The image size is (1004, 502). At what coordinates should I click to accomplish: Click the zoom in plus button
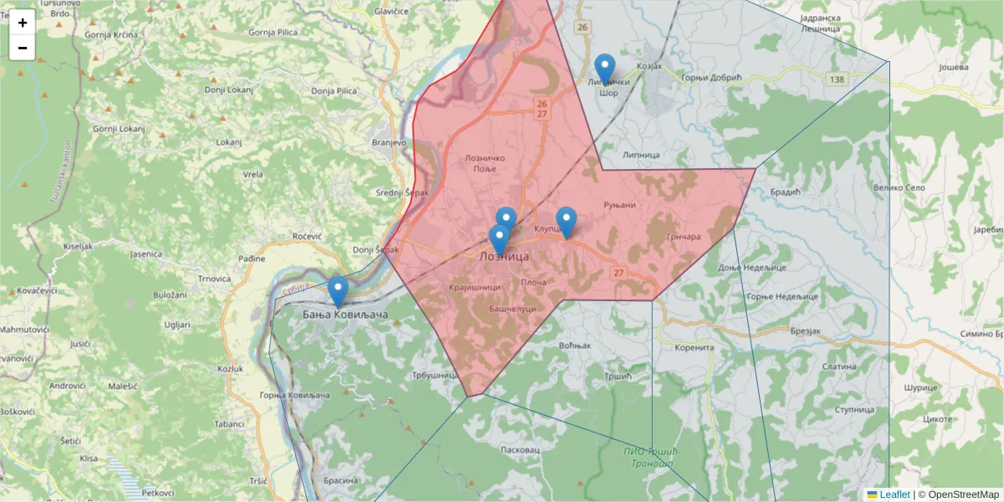tap(23, 23)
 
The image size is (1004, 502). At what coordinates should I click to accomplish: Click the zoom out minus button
tap(23, 48)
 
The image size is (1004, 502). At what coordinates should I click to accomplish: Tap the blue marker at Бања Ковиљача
tap(338, 292)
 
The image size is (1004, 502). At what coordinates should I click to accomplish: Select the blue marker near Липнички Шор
tap(604, 69)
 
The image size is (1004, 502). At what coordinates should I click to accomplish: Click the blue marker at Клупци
tap(566, 222)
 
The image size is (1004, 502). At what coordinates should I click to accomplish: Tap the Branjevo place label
tap(388, 143)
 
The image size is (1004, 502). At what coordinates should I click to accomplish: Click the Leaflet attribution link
tap(894, 494)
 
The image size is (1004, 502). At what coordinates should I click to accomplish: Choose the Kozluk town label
tap(230, 369)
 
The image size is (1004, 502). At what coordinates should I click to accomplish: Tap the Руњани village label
tap(620, 205)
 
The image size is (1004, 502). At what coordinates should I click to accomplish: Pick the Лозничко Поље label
tap(485, 163)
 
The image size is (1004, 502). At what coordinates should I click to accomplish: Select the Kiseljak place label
tap(78, 248)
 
